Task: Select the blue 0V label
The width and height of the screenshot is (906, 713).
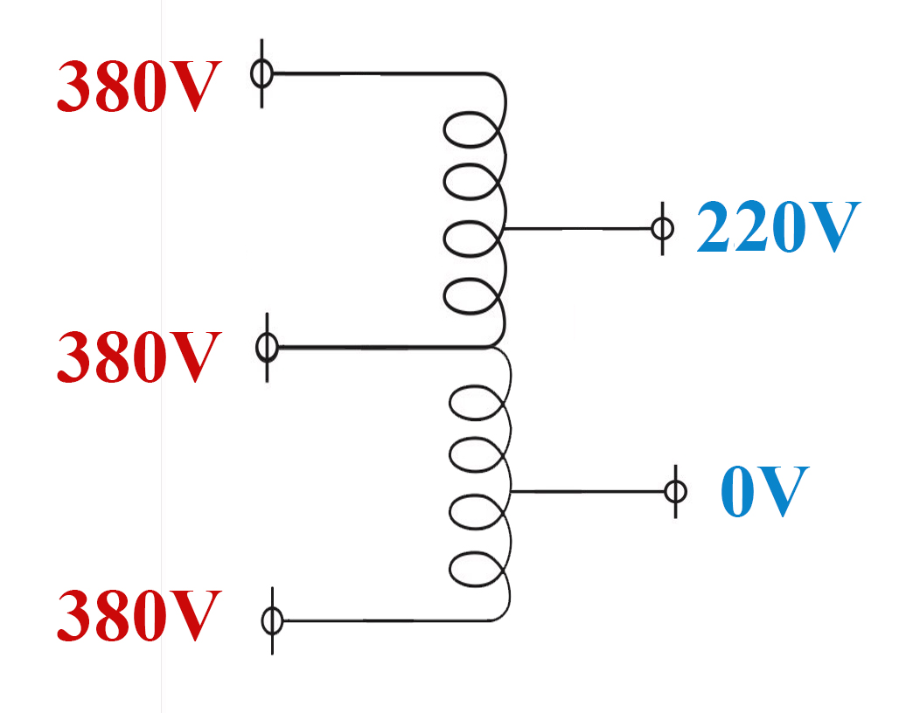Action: (763, 491)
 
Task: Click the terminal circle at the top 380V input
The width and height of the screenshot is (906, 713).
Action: (262, 74)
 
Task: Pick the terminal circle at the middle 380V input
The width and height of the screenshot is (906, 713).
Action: (267, 348)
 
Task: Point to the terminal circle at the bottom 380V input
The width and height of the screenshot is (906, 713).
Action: (273, 621)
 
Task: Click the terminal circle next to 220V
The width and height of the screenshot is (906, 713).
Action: (662, 229)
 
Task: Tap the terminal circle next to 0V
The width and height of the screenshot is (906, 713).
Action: (675, 491)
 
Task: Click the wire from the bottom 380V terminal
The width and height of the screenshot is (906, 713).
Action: (385, 621)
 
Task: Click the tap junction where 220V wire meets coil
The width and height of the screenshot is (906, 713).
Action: (505, 229)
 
